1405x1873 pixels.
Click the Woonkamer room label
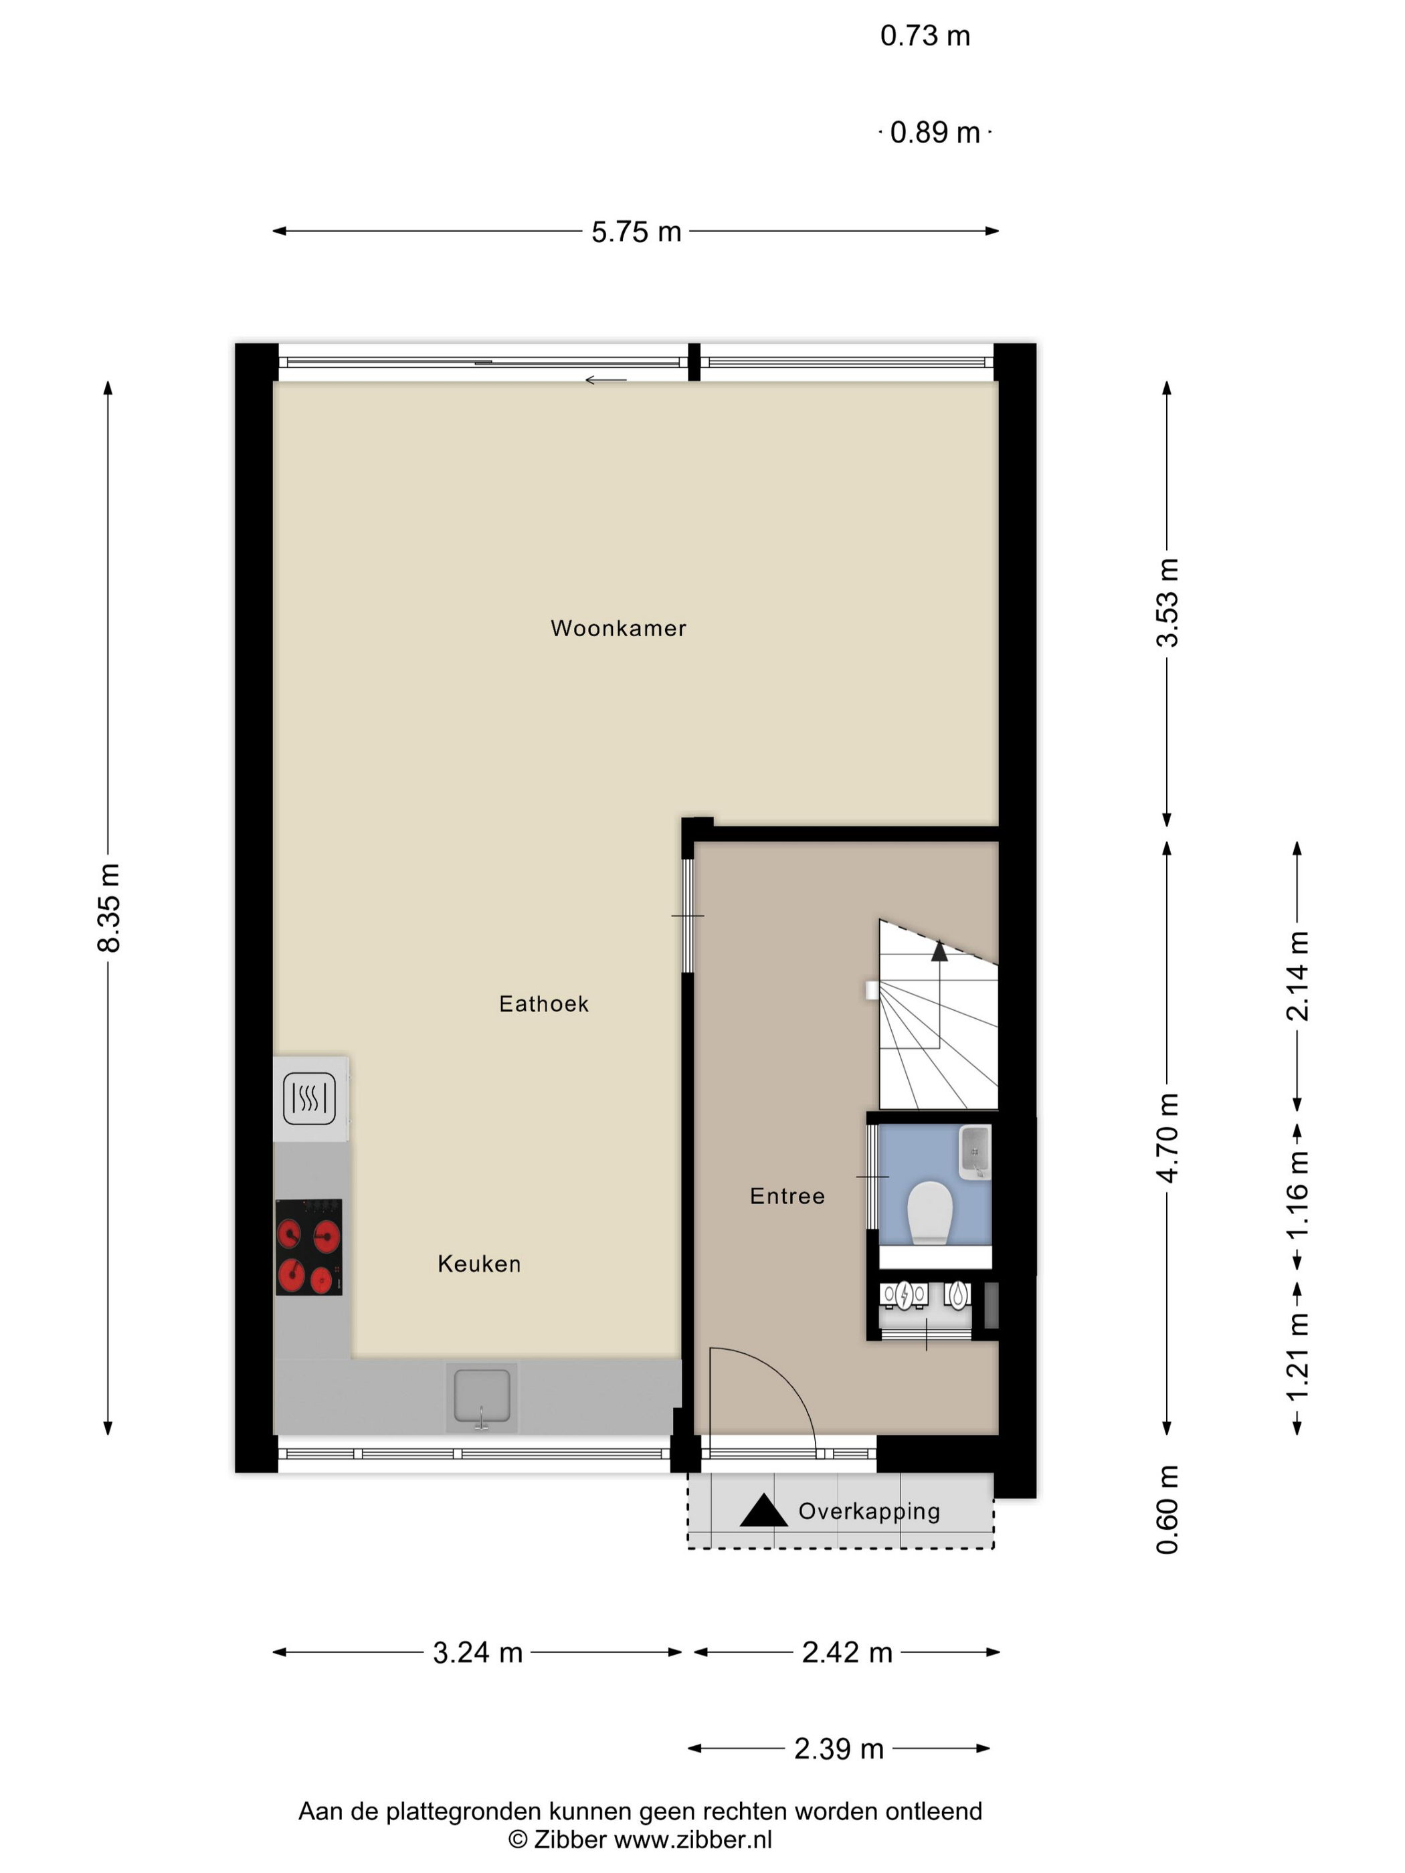(x=618, y=628)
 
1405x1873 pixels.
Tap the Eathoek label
(x=544, y=1003)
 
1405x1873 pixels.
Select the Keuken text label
(x=479, y=1264)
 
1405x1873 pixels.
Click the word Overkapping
(x=870, y=1511)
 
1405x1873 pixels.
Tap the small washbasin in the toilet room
(x=975, y=1153)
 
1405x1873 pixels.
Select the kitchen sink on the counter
(x=482, y=1396)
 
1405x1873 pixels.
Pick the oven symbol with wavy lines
(x=309, y=1098)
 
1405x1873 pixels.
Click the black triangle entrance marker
(x=764, y=1510)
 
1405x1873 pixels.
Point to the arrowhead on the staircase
(x=939, y=951)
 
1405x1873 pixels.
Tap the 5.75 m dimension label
(x=636, y=232)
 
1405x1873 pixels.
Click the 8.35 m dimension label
(x=109, y=908)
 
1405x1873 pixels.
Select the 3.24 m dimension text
(x=478, y=1652)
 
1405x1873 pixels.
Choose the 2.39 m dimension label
(x=839, y=1749)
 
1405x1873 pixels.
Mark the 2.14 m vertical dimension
(x=1297, y=976)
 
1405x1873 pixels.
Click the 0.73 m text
(x=925, y=35)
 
